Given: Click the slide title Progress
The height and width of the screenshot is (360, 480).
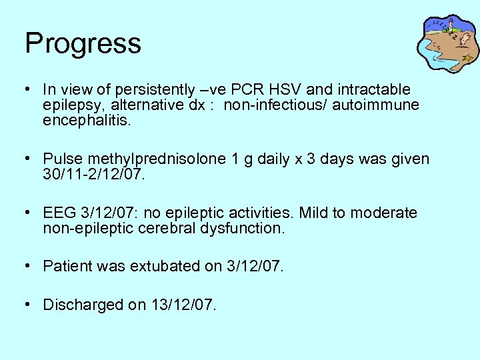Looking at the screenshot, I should [x=83, y=43].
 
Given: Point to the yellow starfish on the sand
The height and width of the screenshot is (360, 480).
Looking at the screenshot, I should [x=468, y=58].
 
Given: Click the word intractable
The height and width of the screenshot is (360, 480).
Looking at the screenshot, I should [x=378, y=89].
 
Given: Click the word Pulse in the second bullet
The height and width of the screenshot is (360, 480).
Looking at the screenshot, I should [x=59, y=159].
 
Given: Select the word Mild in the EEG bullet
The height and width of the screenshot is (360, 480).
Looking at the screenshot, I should [x=313, y=213].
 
